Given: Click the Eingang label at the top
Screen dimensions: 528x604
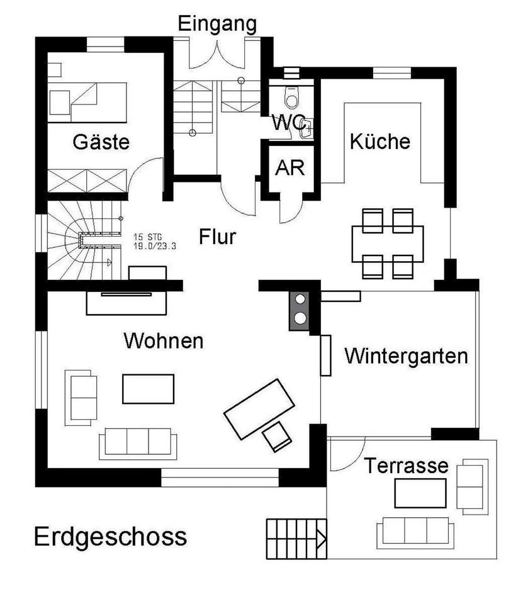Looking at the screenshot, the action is coord(217,25).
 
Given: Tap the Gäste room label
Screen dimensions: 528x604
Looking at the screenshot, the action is coord(101,142).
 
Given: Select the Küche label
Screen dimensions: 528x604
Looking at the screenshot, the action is coord(380,141).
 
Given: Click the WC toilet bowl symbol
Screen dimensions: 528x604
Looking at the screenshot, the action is coord(292,97).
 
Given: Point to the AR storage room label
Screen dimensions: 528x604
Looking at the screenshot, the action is coord(290,168).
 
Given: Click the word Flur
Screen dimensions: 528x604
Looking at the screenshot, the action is coord(217,237).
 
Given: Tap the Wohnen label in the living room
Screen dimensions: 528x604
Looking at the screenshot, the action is coord(164,340).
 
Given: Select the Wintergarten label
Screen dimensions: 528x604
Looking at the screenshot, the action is coord(406,356).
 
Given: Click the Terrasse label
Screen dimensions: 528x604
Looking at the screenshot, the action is coord(406,466).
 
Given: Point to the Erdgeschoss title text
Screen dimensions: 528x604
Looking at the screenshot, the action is coord(111,537).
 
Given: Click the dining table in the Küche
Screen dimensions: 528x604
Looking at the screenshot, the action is coord(387,244).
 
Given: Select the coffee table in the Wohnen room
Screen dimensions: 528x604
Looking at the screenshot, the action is coord(148,389).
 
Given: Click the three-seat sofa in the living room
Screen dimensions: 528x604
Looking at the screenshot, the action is coord(138,444).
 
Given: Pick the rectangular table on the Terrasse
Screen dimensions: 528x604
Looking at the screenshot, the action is coord(420,493).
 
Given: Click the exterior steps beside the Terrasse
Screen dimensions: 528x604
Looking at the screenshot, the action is coord(296,539).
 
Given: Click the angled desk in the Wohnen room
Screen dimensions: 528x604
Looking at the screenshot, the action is coord(259,409).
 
